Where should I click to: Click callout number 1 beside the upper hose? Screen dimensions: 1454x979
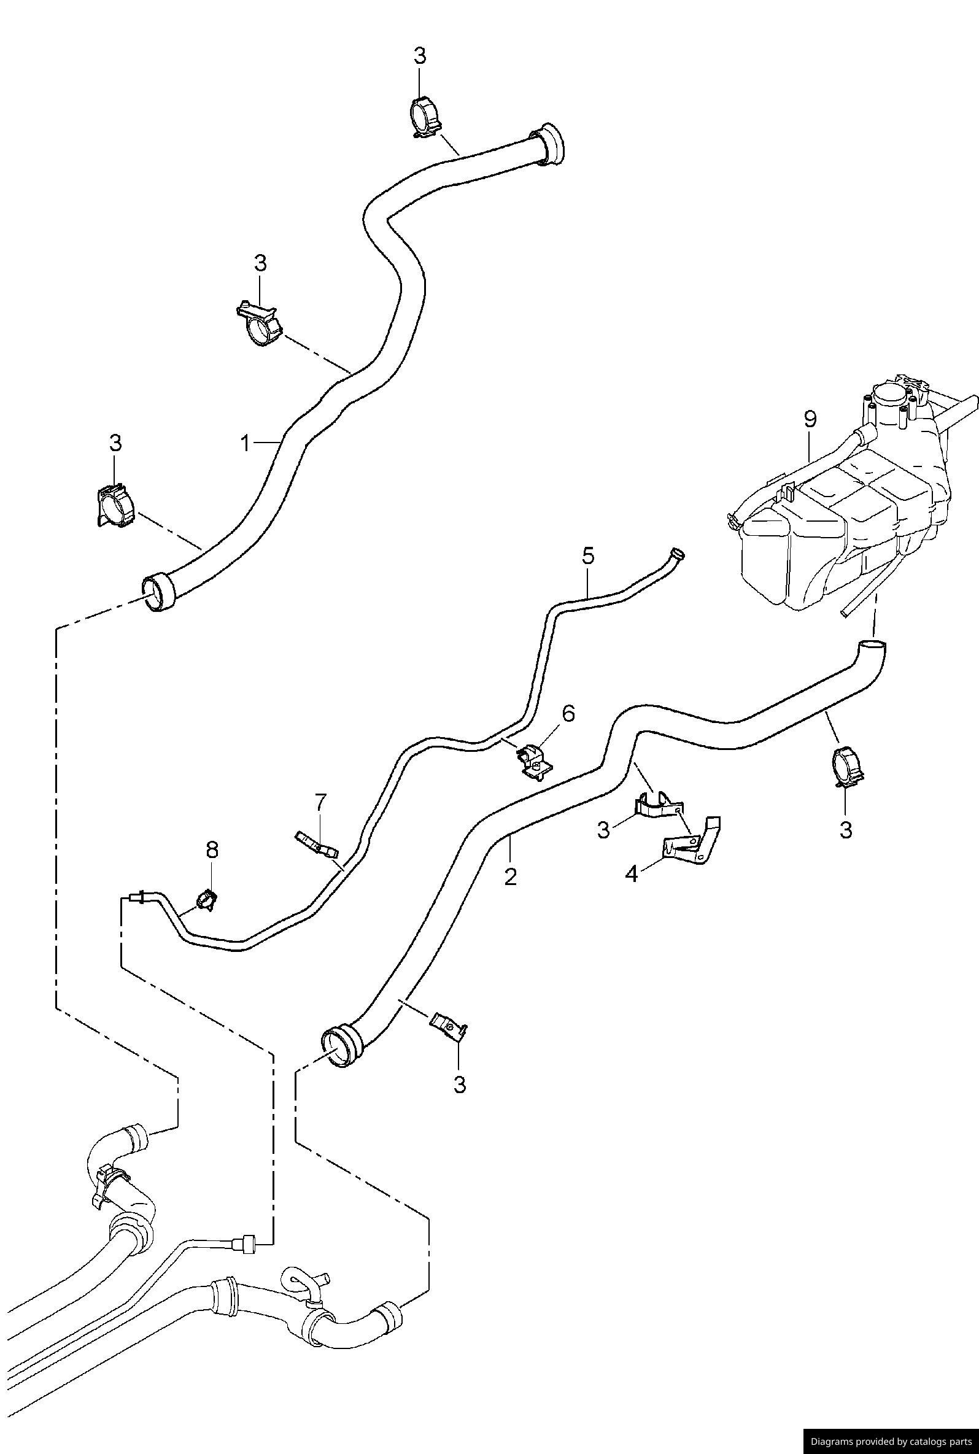click(246, 443)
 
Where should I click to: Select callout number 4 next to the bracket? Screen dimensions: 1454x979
click(631, 874)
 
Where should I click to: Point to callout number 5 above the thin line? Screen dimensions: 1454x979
click(588, 555)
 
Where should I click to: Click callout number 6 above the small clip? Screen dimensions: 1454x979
click(568, 714)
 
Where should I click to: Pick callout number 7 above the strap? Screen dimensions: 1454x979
click(320, 801)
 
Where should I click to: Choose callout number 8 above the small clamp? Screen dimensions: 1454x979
click(212, 849)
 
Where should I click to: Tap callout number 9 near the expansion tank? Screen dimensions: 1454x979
click(810, 419)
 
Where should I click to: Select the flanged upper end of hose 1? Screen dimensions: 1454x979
click(550, 145)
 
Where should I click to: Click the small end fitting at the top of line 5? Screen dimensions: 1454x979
click(676, 553)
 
